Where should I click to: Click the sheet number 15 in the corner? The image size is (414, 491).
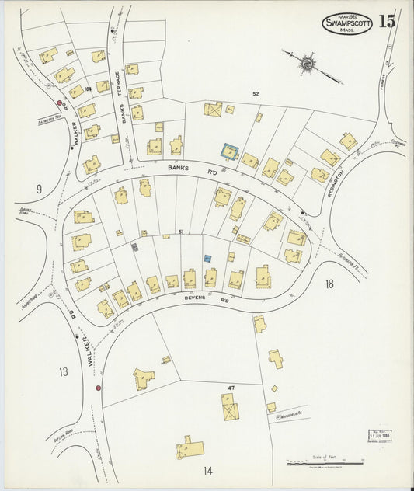[x=388, y=22]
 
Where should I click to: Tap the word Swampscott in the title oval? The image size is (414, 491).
[x=346, y=23]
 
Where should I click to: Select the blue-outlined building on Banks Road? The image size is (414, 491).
[x=228, y=151]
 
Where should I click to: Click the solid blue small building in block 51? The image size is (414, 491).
[x=207, y=258]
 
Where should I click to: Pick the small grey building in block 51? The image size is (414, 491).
[x=135, y=247]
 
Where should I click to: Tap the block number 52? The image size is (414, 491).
[x=255, y=93]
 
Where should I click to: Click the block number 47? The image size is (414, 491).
[x=231, y=388]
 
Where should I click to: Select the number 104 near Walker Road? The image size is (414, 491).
[x=88, y=89]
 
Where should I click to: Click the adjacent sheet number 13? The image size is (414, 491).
[x=62, y=372]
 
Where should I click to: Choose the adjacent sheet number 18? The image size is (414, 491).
[x=329, y=284]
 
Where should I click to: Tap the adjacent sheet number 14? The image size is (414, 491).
[x=207, y=470]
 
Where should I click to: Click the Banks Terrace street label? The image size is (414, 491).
[x=120, y=97]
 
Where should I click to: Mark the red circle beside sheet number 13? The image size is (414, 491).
[x=98, y=387]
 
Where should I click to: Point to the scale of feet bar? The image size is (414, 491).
[x=325, y=465]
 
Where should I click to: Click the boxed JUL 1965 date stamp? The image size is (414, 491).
[x=380, y=436]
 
